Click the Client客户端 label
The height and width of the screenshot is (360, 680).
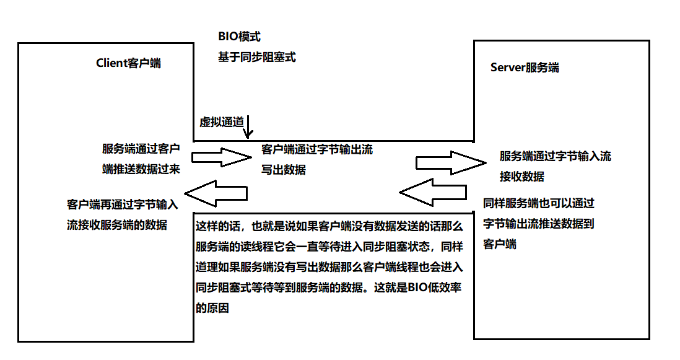tap(128, 63)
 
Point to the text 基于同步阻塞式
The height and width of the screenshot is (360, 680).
tap(256, 57)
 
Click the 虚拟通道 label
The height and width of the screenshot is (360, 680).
tap(221, 122)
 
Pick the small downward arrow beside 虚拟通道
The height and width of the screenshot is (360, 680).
tap(248, 127)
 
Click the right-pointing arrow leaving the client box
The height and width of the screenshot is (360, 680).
tap(220, 158)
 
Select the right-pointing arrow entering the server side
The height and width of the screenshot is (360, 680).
tap(450, 162)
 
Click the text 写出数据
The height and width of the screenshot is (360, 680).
tap(284, 169)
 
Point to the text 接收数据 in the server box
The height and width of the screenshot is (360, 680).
tap(521, 177)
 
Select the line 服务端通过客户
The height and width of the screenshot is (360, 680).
tap(141, 149)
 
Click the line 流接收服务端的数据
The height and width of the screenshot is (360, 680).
tap(117, 225)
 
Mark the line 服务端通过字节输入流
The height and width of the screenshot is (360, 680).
tap(555, 156)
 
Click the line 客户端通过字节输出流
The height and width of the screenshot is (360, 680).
tap(317, 149)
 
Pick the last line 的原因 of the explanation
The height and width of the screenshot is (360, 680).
tap(212, 308)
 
